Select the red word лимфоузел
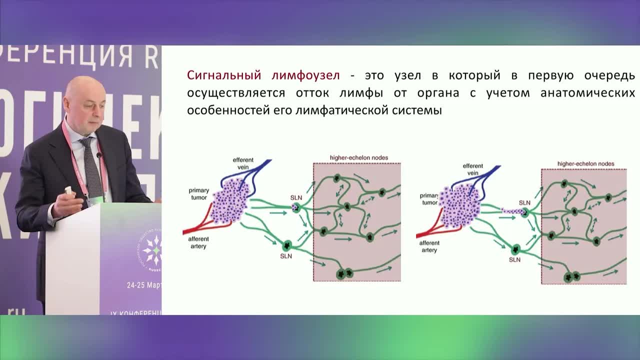[305, 75]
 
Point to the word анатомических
[587, 93]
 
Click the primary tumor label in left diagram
[198, 193]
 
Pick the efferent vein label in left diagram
[243, 163]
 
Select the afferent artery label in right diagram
[429, 246]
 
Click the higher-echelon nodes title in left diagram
[358, 157]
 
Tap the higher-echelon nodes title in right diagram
[585, 163]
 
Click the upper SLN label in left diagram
[296, 198]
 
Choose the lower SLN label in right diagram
[514, 260]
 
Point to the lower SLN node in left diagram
[287, 245]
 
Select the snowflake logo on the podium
[152, 249]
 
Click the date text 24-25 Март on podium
[144, 285]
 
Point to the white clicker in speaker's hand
[68, 190]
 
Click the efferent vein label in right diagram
[472, 169]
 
